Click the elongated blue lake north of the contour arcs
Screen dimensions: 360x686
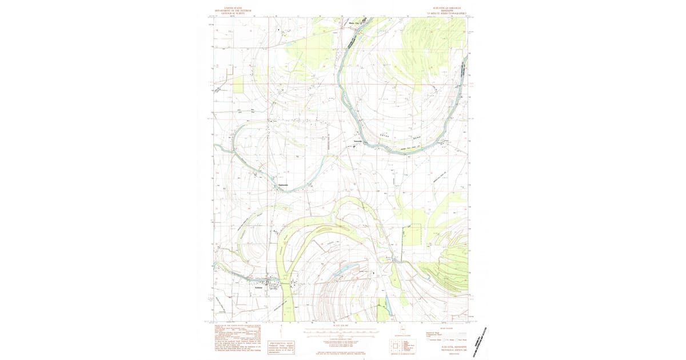click(x=345, y=269)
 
